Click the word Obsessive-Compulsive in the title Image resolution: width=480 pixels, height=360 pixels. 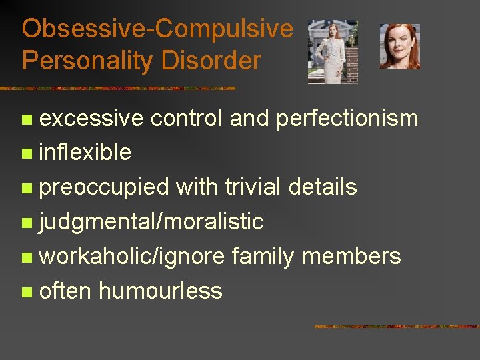tap(157, 29)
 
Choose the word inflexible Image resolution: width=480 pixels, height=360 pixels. tap(85, 153)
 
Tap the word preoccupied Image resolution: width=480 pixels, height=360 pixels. tap(104, 187)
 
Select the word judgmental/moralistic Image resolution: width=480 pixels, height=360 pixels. tap(151, 222)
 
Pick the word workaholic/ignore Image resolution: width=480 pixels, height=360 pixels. tap(132, 256)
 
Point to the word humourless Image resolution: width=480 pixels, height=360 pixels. tap(161, 291)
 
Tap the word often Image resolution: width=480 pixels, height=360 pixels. tap(65, 291)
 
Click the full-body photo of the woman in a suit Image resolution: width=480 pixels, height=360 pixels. tap(333, 51)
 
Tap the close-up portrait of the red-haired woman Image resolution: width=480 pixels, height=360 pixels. tap(399, 47)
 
